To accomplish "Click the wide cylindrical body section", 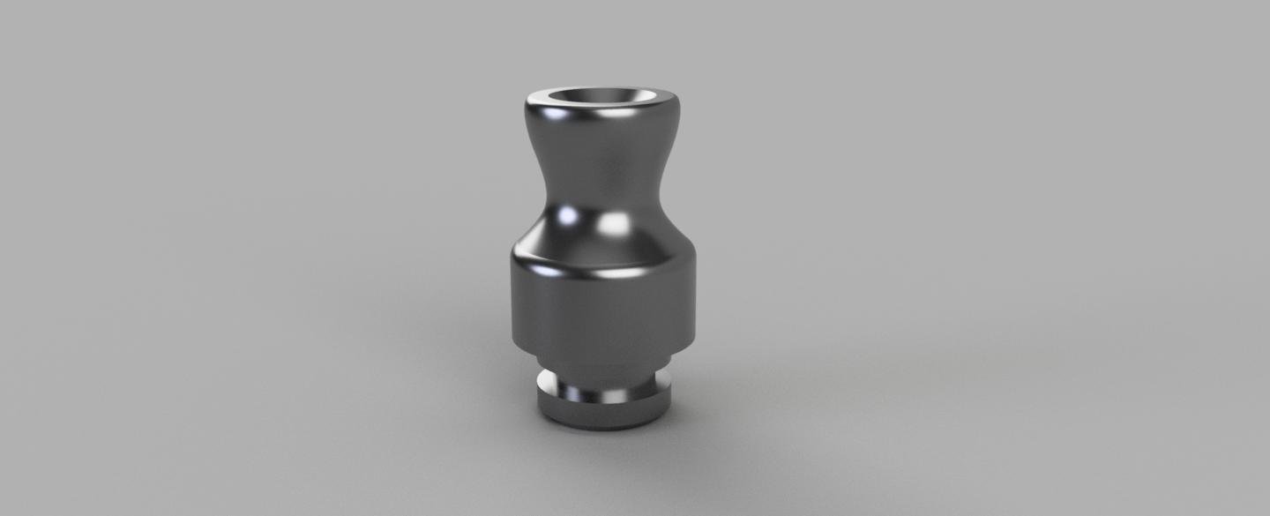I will pyautogui.click(x=602, y=309).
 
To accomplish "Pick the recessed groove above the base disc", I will pyautogui.click(x=602, y=386).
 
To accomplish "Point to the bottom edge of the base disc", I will pyautogui.click(x=602, y=427).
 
